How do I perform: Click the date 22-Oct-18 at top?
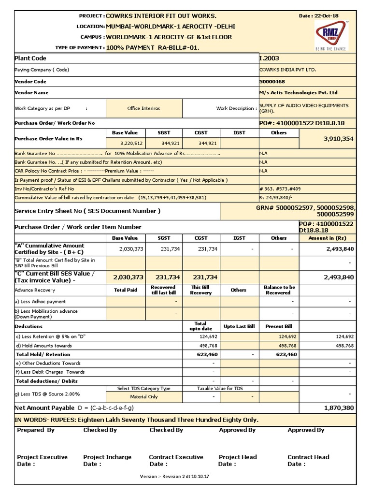coord(319,16)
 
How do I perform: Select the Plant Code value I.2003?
coord(270,58)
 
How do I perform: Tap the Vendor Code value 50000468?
coord(273,82)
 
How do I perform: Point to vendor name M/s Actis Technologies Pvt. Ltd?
coord(298,92)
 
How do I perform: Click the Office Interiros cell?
coord(143,108)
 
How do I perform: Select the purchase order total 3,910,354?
coord(338,138)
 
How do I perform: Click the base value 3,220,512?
coord(131,144)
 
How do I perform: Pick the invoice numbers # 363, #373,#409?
coord(281,189)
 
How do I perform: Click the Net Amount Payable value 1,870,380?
coord(339,408)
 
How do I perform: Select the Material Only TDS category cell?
coord(144,397)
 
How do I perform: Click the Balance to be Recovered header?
coord(279,290)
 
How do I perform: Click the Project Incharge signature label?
coord(107,457)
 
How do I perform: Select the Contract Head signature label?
coord(309,457)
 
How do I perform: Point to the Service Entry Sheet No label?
coord(87,211)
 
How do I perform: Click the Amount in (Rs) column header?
coord(328,238)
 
